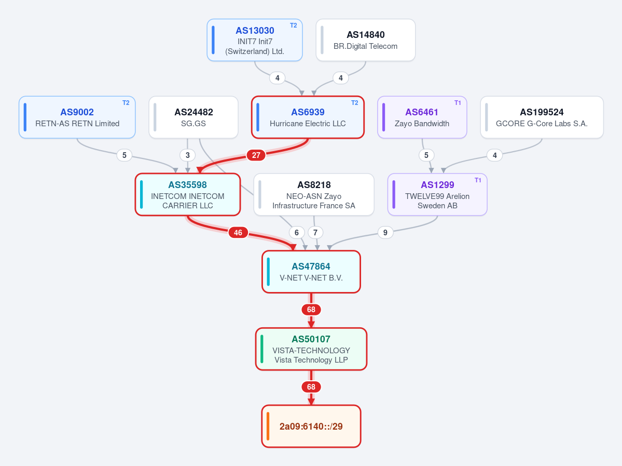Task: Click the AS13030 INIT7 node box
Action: click(255, 40)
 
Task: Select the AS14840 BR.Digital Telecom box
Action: click(366, 40)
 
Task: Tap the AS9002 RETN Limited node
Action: click(77, 117)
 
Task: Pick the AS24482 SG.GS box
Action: click(193, 117)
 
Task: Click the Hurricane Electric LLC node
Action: click(308, 117)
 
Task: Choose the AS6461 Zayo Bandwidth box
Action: click(422, 117)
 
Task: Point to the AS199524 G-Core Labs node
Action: click(542, 117)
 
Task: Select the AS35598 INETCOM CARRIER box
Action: click(188, 195)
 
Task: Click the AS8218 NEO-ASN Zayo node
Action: click(314, 195)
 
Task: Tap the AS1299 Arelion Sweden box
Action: click(437, 195)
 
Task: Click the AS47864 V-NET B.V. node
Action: click(311, 272)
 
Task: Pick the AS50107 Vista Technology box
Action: click(311, 349)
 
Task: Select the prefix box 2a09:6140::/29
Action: click(311, 427)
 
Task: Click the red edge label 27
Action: click(256, 155)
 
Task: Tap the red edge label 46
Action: click(238, 232)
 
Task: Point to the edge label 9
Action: click(385, 232)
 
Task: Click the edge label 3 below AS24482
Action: click(188, 155)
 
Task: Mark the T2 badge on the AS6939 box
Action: click(355, 103)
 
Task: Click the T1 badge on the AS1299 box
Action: click(478, 180)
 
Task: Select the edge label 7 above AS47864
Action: click(315, 232)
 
